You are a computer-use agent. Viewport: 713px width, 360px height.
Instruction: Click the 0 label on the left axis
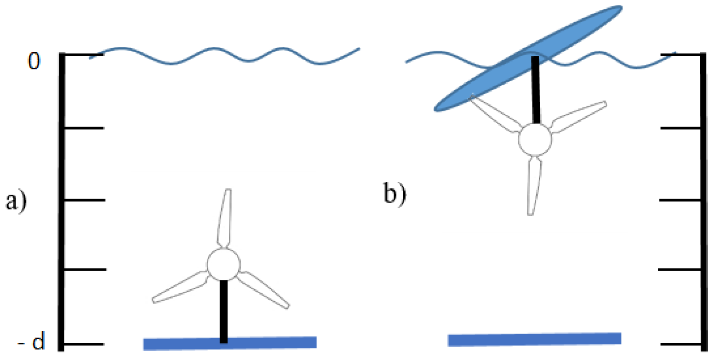[x=34, y=61]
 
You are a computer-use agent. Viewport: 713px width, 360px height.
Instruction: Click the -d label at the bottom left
[x=32, y=342]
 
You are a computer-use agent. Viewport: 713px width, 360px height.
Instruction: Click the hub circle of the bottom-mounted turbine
[x=224, y=264]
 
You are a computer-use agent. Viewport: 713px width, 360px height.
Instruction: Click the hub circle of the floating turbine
[x=535, y=139]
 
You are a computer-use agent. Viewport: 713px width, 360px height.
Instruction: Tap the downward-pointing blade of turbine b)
[x=534, y=186]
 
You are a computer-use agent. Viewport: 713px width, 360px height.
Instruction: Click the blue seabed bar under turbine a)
[x=230, y=343]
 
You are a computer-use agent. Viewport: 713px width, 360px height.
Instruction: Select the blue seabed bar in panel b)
[x=535, y=339]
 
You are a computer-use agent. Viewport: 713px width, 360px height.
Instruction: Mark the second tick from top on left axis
[x=84, y=128]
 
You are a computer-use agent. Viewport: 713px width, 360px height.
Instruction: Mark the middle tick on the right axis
[x=680, y=200]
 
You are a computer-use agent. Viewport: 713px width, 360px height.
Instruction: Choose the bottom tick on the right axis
[x=680, y=344]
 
